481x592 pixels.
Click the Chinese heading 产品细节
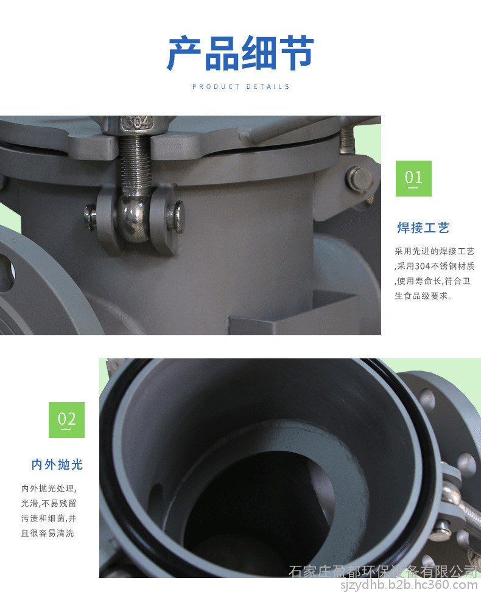click(x=240, y=53)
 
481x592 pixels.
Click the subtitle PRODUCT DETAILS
click(x=240, y=86)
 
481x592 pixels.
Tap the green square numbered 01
click(x=413, y=178)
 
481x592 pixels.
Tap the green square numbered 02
click(x=66, y=420)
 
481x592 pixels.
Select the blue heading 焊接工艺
click(x=423, y=228)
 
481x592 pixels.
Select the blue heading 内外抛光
click(x=57, y=464)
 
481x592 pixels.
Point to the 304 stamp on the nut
click(x=137, y=123)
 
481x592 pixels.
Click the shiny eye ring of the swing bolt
click(x=133, y=219)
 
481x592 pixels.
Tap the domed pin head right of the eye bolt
click(x=177, y=215)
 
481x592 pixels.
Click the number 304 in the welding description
click(x=423, y=266)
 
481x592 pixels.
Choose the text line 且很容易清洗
click(x=47, y=533)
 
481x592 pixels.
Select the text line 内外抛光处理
click(x=49, y=489)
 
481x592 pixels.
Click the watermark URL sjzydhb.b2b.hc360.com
click(x=409, y=585)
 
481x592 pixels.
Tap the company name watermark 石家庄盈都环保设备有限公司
click(x=384, y=571)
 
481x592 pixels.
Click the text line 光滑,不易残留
click(x=49, y=503)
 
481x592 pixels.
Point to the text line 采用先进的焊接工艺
click(x=435, y=251)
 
